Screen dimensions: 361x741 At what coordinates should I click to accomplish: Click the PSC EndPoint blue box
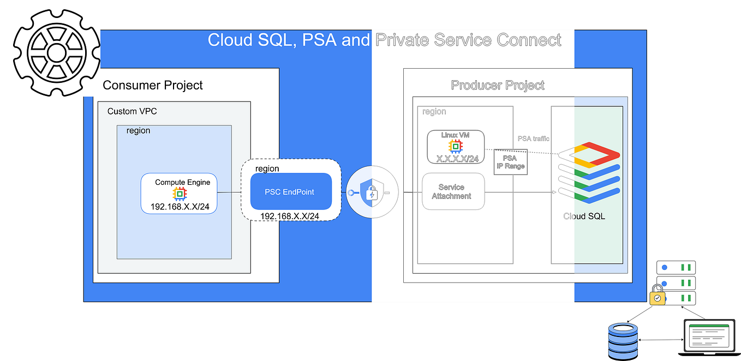coord(291,191)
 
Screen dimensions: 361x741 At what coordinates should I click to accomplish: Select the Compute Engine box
coord(179,194)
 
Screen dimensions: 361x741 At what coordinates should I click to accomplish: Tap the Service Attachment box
coord(453,191)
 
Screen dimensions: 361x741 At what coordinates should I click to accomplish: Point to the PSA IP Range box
coord(510,162)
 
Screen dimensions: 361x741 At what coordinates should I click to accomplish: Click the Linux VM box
coord(455,147)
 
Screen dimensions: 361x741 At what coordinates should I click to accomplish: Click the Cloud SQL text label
coord(584,216)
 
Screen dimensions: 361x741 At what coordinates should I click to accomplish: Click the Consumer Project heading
coord(153,85)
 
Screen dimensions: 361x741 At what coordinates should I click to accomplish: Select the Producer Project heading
coord(498,85)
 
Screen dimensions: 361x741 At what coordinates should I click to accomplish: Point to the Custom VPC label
coord(132,111)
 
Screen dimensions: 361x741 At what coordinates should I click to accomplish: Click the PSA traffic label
coord(533,139)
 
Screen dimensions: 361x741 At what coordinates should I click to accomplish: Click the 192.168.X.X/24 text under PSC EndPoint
coord(290,216)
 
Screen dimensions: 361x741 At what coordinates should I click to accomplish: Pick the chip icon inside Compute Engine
coord(179,194)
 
